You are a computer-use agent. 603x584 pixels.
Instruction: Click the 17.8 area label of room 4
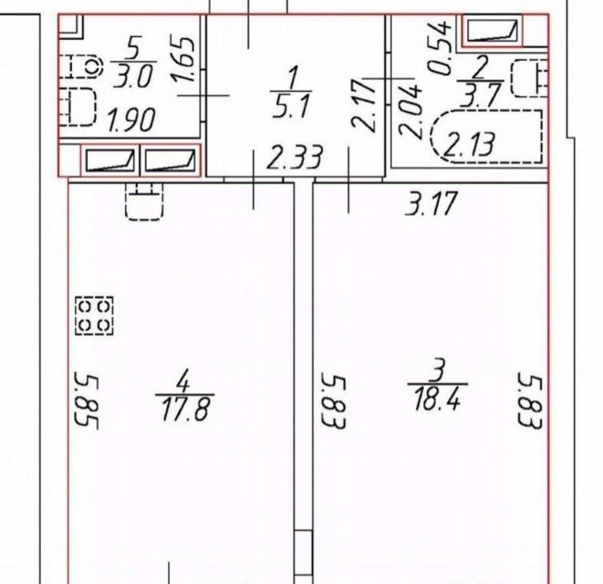186,410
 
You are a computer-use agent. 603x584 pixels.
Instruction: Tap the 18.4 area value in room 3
437,399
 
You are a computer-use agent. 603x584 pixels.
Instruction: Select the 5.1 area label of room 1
291,106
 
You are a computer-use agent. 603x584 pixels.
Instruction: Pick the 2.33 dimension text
295,157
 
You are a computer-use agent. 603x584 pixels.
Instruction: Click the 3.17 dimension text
432,202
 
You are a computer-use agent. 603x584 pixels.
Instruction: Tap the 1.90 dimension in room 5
131,120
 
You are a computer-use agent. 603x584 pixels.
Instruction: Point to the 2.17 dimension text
363,105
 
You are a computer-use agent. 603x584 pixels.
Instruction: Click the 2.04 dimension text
410,111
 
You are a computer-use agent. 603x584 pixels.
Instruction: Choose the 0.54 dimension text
440,48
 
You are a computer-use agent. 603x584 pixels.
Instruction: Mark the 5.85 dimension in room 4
86,400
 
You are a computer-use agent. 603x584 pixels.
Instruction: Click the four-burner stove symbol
94,315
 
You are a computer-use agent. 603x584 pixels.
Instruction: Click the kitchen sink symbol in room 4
144,202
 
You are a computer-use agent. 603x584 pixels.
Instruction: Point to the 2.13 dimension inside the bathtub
468,144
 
